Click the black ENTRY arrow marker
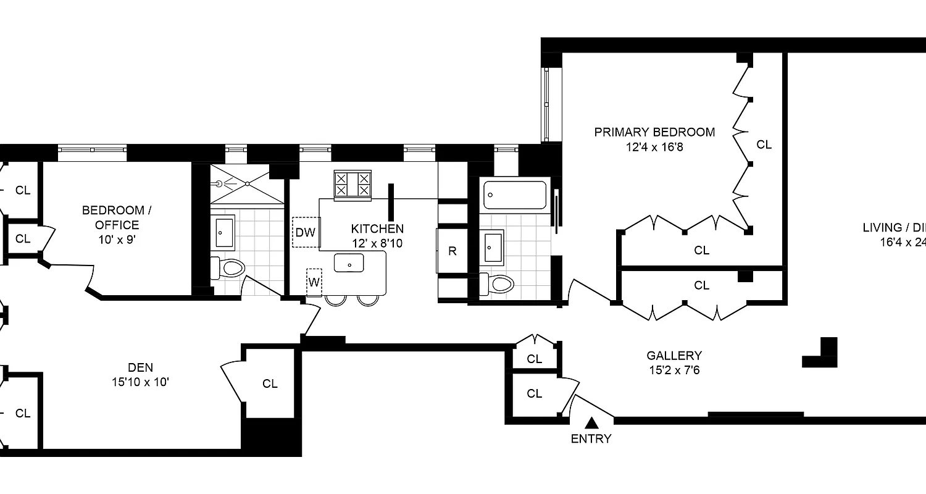pyautogui.click(x=591, y=423)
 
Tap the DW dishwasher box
pyautogui.click(x=304, y=232)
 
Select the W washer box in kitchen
pyautogui.click(x=314, y=282)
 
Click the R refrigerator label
pyautogui.click(x=453, y=251)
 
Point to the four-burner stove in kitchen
pyautogui.click(x=352, y=185)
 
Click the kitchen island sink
pyautogui.click(x=350, y=264)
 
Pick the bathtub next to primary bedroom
pyautogui.click(x=515, y=195)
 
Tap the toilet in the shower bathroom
pyautogui.click(x=228, y=268)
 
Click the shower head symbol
pyautogui.click(x=220, y=183)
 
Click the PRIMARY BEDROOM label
pyautogui.click(x=654, y=132)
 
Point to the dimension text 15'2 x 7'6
pyautogui.click(x=674, y=371)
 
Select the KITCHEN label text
pyautogui.click(x=377, y=228)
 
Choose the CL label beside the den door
pyautogui.click(x=270, y=383)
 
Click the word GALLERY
pyautogui.click(x=674, y=356)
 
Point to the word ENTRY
pyautogui.click(x=591, y=439)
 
